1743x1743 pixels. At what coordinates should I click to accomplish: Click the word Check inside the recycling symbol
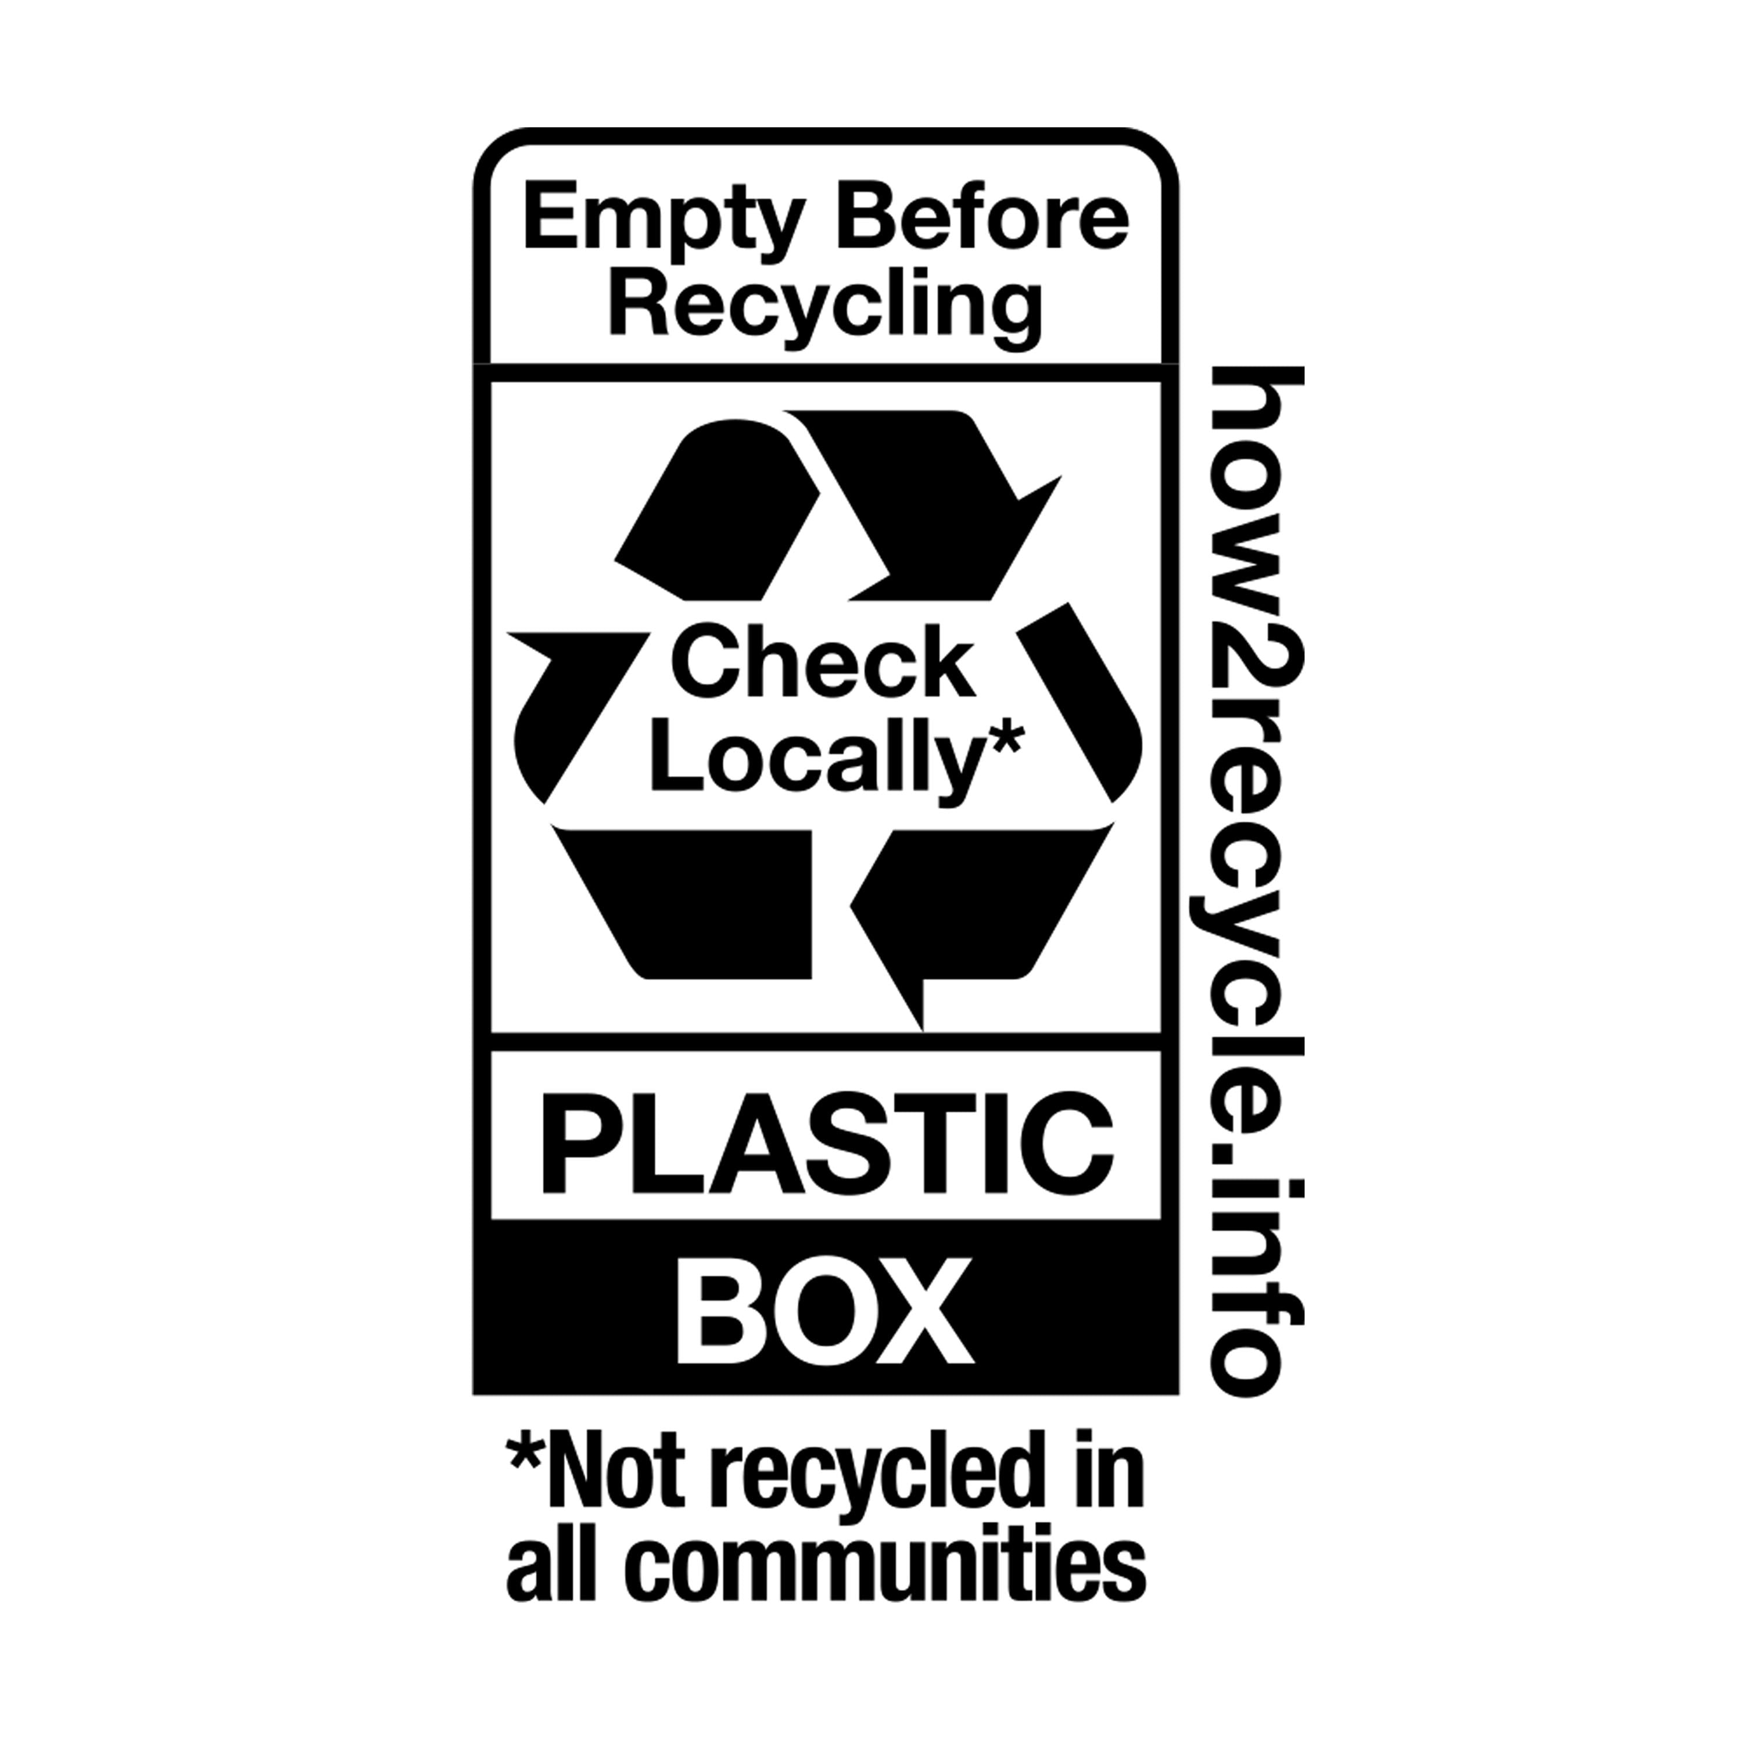[824, 664]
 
